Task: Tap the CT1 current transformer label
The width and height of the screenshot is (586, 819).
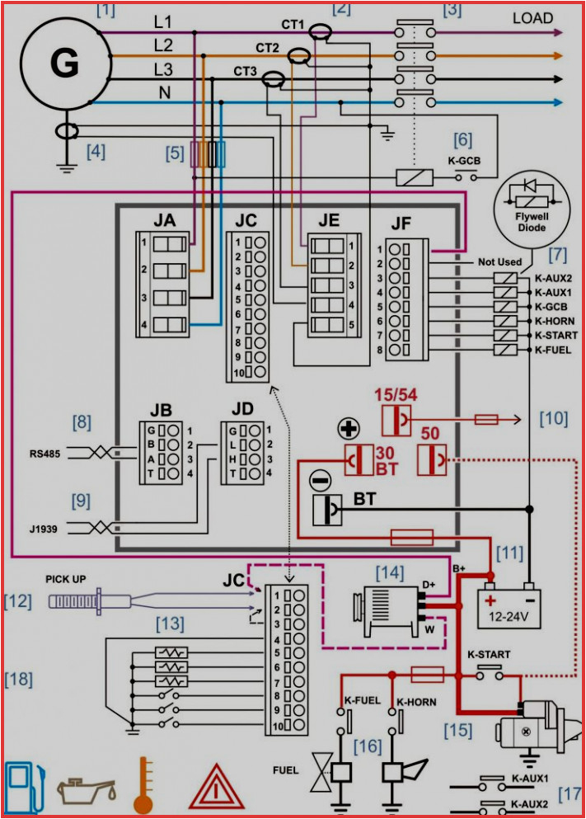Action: [293, 24]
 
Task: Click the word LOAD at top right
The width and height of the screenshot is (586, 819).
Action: [533, 17]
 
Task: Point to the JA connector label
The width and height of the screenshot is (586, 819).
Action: [164, 220]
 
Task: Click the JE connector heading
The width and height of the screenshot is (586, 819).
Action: [329, 220]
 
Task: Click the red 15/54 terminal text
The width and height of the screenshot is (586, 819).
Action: [397, 394]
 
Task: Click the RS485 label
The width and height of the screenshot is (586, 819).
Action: [46, 453]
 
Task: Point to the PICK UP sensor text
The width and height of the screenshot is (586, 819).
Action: [65, 579]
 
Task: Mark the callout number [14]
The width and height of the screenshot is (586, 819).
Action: [390, 571]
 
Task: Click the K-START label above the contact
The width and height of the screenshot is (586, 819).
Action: [489, 654]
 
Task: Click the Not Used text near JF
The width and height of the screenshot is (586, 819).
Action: [499, 262]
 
